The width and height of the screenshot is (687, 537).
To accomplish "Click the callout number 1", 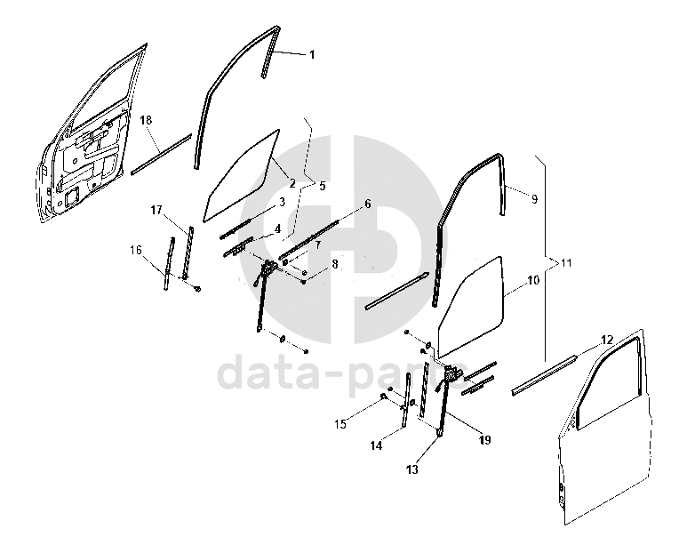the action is coord(312,55).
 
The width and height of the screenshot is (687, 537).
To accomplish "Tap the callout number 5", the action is coord(322,187).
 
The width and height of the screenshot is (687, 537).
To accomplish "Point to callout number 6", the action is coord(366,204).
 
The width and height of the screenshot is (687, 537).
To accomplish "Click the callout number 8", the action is coord(334,264).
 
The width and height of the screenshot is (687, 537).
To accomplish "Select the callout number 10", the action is coord(532,280).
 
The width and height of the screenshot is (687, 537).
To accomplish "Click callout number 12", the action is coord(606,340).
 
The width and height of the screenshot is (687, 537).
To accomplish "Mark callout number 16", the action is coord(135,251).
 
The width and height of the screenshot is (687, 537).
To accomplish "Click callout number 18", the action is coord(147,119).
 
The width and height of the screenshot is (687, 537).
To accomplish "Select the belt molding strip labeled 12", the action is coord(543,373).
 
